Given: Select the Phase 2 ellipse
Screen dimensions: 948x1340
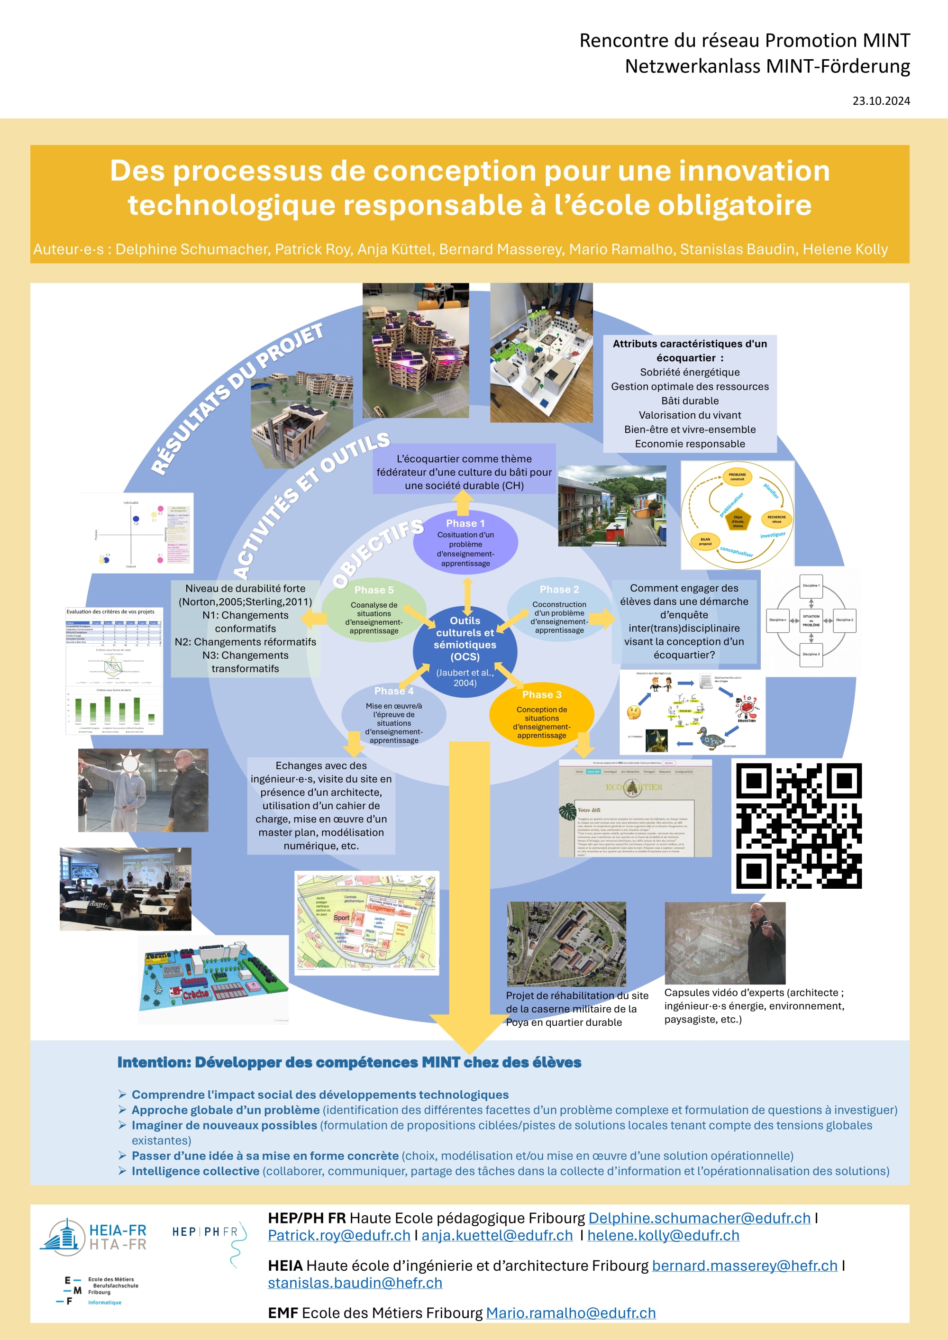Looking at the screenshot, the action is [559, 610].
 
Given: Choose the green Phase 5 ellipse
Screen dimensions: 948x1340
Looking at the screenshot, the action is [374, 611].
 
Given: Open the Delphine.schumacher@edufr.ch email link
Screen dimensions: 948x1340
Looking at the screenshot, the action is [699, 1218].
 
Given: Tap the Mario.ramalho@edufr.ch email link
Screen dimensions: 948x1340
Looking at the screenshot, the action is [570, 1313].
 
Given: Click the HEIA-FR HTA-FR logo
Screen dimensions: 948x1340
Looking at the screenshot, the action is [93, 1237].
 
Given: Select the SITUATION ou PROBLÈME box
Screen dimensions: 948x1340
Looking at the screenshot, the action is [811, 620].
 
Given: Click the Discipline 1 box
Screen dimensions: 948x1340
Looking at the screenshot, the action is [811, 585].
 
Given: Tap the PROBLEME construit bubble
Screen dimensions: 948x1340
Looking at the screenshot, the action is [737, 477].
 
